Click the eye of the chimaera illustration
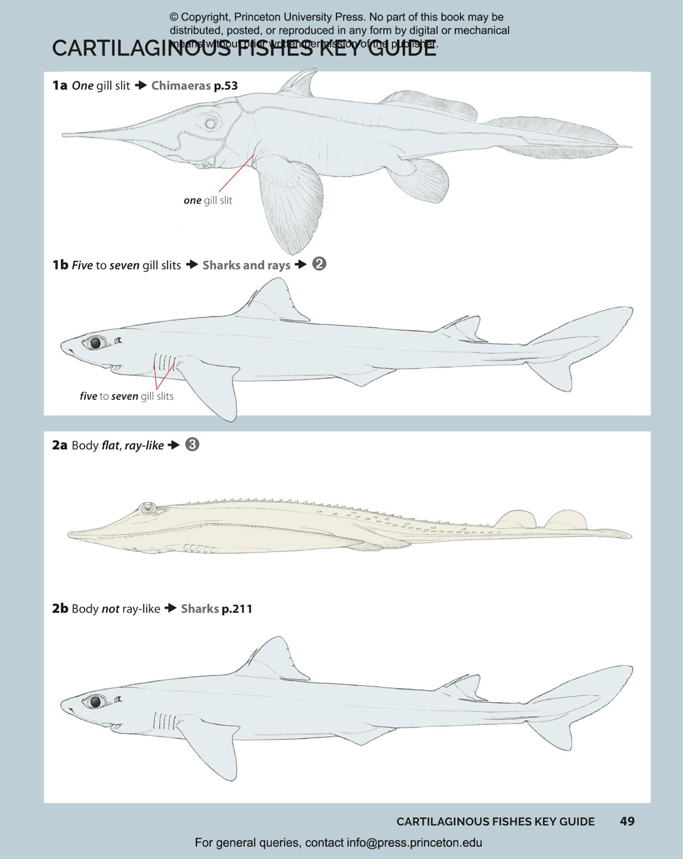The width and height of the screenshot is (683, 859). [x=210, y=123]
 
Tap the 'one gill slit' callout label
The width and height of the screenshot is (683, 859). [x=208, y=201]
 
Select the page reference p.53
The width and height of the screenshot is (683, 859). [x=226, y=86]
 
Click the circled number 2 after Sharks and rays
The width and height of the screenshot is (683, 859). [x=319, y=264]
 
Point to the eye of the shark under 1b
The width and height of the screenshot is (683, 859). [x=95, y=343]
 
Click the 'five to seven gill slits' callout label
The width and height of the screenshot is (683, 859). [x=127, y=396]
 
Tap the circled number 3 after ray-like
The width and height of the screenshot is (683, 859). [x=192, y=445]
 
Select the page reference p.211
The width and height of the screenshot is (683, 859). [x=237, y=609]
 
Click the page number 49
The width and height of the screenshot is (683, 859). [x=627, y=821]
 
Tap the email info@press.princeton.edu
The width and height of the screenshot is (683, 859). [x=414, y=843]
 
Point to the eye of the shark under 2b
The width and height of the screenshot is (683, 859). [x=95, y=701]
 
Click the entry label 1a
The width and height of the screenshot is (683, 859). [x=60, y=86]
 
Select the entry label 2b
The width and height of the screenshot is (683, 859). [x=60, y=609]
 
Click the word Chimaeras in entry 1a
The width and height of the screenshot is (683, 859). [x=181, y=86]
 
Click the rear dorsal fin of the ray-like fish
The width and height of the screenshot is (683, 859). [x=566, y=520]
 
